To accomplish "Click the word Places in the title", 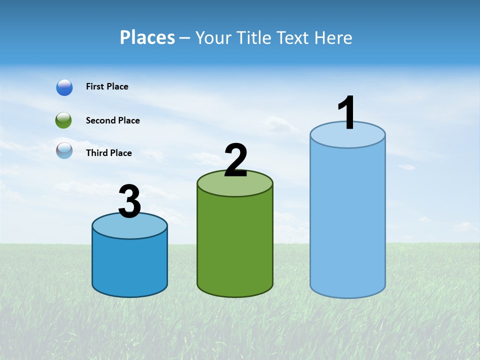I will point(147,37).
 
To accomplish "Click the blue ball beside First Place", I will point(64,87).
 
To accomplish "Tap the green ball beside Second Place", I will point(63,120).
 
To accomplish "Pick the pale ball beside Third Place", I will point(64,150).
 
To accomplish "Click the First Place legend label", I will point(107,86).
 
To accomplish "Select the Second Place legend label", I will point(112,120).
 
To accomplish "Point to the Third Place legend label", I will point(108,153).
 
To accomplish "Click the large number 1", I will point(346,113).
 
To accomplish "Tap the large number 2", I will point(235,160).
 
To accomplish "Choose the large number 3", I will point(129,202).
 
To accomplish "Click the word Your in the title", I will point(214,37).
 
